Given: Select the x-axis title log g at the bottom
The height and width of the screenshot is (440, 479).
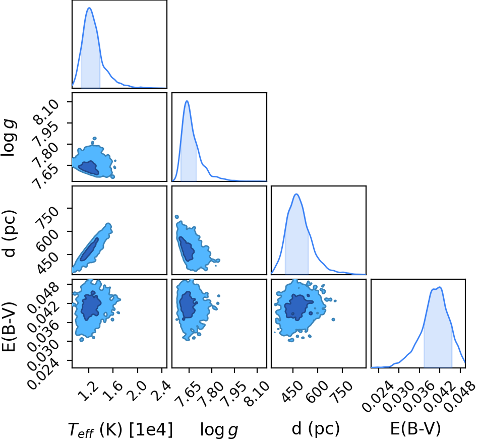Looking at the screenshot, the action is [x=219, y=430].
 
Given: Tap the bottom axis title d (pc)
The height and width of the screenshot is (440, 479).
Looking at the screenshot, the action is [x=316, y=429].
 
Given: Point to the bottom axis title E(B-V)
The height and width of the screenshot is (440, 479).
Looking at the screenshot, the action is [x=415, y=429].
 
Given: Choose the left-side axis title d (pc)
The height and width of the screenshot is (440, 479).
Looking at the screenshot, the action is [x=9, y=233].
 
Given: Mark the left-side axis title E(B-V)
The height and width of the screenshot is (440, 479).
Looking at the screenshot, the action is [x=9, y=327].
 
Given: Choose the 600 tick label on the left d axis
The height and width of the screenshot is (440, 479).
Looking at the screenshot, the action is [x=47, y=240].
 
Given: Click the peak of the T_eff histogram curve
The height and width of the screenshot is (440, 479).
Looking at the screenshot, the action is [x=90, y=8].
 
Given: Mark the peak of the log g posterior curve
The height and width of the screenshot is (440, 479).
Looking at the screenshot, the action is [x=187, y=101].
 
